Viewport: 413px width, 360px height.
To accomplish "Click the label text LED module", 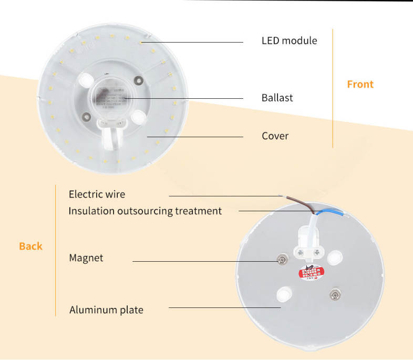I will [x=289, y=40].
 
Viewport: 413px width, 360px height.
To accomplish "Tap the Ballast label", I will [x=277, y=98].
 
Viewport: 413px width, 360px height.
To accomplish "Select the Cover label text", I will [x=275, y=136].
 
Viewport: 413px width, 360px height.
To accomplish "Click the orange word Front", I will [x=360, y=84].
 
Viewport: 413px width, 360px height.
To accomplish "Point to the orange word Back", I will [x=30, y=246].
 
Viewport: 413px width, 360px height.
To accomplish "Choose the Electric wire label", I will [x=97, y=194].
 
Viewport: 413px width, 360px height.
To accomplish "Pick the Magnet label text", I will [x=86, y=258].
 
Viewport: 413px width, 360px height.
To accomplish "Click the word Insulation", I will [x=90, y=211].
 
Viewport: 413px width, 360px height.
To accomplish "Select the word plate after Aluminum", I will [x=131, y=310].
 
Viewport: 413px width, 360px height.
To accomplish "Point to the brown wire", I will [x=305, y=204].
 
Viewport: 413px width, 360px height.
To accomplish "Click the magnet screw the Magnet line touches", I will [x=282, y=261].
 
